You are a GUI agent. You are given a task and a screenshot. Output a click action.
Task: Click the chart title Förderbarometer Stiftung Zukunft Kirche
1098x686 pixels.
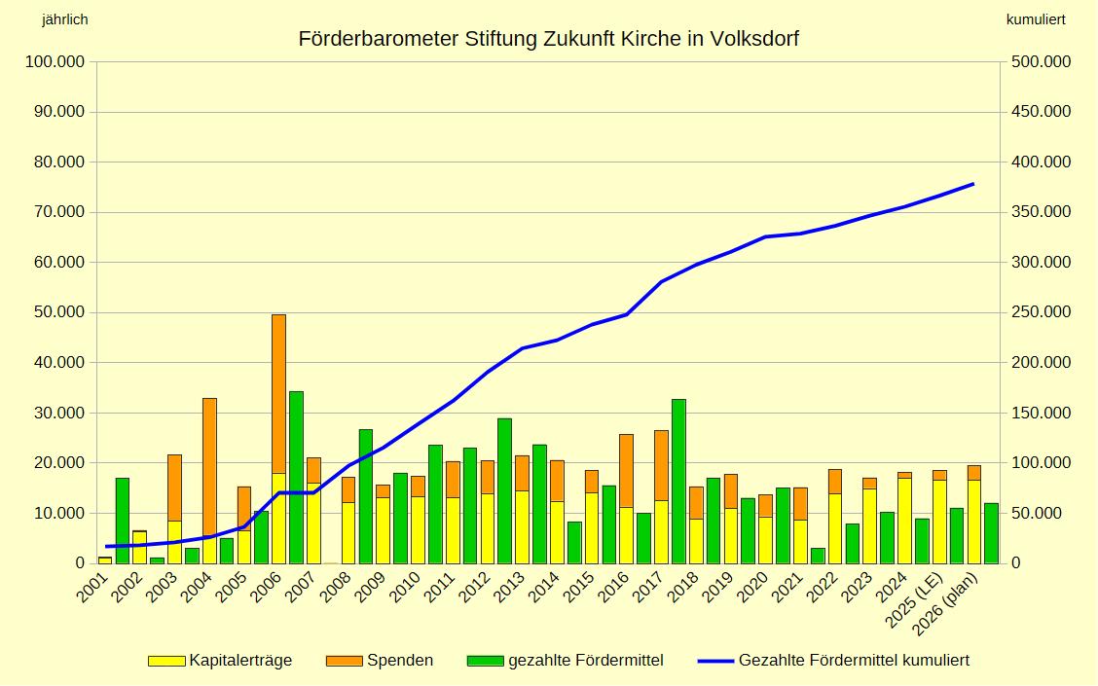coord(548,39)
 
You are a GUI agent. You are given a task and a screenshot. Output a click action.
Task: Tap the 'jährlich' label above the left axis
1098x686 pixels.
coord(65,19)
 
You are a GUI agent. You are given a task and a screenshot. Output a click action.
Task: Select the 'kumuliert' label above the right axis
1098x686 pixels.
coord(1036,19)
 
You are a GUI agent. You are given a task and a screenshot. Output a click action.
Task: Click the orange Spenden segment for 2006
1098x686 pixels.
coord(278,393)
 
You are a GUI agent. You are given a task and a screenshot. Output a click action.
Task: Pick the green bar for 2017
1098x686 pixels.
coord(678,481)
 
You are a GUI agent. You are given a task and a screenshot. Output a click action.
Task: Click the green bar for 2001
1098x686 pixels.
coord(123,521)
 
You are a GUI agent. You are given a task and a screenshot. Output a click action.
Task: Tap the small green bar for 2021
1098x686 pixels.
coord(818,556)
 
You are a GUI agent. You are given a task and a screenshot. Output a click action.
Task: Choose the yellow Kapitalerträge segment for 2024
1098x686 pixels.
coord(904,521)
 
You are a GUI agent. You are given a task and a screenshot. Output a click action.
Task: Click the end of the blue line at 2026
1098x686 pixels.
coord(972,184)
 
